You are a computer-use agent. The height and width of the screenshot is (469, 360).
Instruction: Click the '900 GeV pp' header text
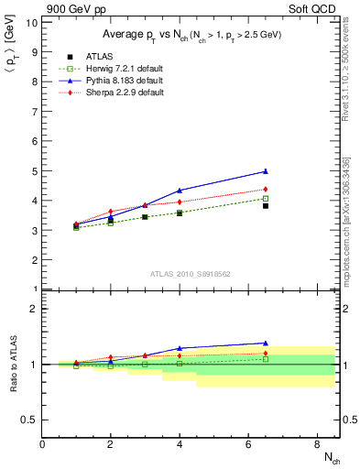click(x=71, y=8)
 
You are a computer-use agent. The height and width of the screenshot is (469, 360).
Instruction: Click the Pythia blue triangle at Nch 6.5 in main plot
click(x=266, y=171)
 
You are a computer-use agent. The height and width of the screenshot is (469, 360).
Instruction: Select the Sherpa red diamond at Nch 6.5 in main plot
click(x=266, y=190)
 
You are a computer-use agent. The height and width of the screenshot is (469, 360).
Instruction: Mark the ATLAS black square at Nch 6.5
click(x=266, y=206)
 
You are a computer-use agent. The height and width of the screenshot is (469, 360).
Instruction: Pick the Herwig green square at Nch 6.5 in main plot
click(x=266, y=198)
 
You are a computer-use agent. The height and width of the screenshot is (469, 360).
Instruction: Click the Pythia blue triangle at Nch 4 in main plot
click(x=180, y=191)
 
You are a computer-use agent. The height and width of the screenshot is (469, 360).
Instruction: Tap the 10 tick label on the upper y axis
click(x=30, y=22)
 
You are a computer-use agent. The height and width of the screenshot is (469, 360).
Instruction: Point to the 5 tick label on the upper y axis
click(x=33, y=171)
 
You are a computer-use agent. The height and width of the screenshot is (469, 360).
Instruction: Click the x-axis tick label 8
click(x=316, y=445)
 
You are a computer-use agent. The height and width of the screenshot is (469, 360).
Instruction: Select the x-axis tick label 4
click(x=180, y=445)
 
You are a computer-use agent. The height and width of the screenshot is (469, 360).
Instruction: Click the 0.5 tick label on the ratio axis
click(x=28, y=420)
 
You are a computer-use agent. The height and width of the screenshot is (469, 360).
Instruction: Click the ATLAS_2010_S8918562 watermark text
click(x=190, y=274)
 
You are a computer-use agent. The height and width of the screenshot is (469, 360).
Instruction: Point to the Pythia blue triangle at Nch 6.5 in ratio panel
click(x=266, y=344)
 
